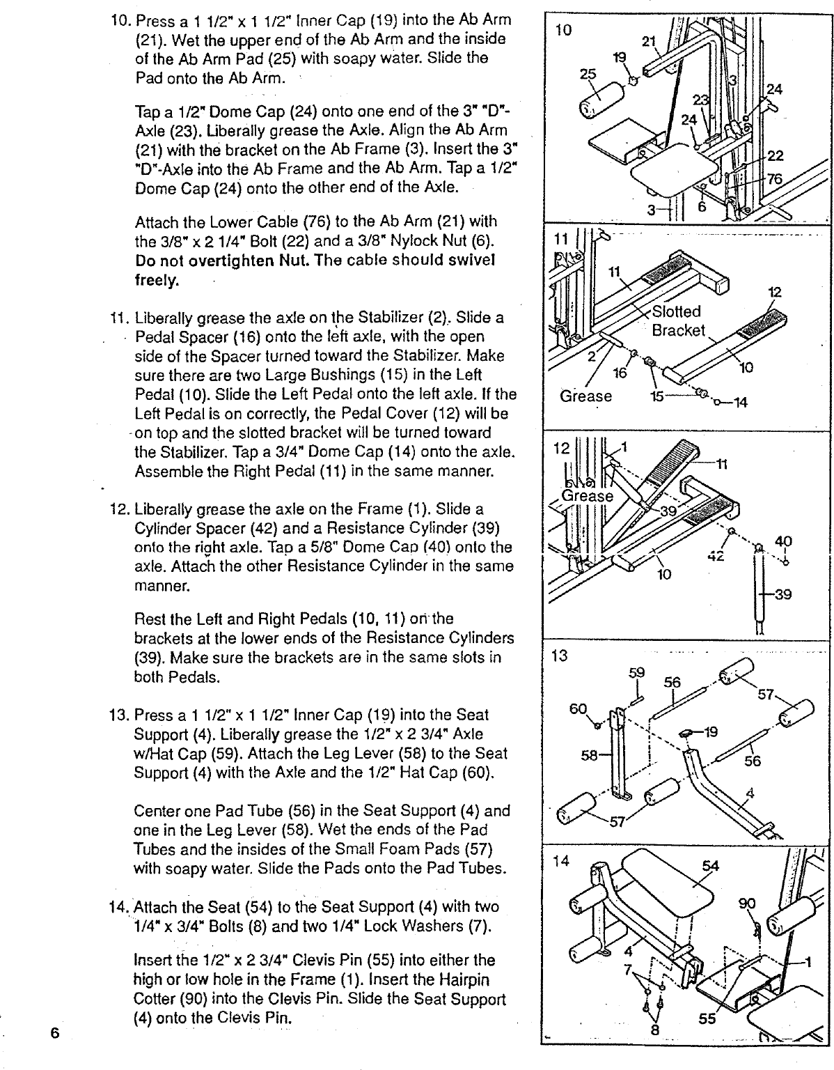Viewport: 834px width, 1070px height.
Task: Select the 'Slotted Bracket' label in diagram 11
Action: [x=677, y=320]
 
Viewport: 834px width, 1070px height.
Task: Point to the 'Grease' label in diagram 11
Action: [x=585, y=396]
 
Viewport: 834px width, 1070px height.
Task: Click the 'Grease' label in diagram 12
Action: [x=586, y=496]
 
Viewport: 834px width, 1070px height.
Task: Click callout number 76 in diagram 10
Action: [x=775, y=178]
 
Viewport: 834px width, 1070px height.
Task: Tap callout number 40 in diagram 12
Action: [x=784, y=541]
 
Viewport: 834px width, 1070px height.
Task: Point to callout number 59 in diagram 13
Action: [x=636, y=674]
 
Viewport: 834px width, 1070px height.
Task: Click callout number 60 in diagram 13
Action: [x=579, y=708]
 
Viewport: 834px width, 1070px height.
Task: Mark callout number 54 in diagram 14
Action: [x=710, y=866]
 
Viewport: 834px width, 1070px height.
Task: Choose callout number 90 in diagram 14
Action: [x=746, y=904]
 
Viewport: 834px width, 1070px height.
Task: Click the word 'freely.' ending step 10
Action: [x=157, y=281]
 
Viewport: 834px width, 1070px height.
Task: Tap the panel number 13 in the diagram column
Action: [x=558, y=656]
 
